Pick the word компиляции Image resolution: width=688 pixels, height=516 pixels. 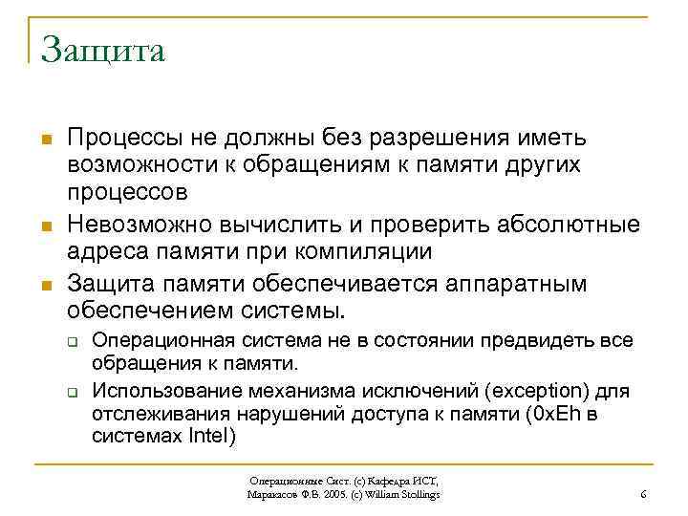[x=369, y=252]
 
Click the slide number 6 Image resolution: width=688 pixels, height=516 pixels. [x=643, y=494]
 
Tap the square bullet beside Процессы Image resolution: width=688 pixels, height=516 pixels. [x=45, y=141]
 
